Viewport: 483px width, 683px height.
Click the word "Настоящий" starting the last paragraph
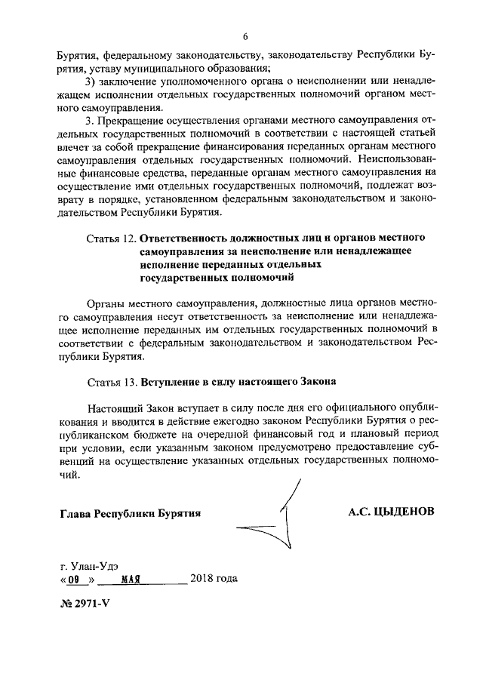tap(113, 408)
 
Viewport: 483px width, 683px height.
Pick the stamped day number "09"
tap(73, 580)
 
